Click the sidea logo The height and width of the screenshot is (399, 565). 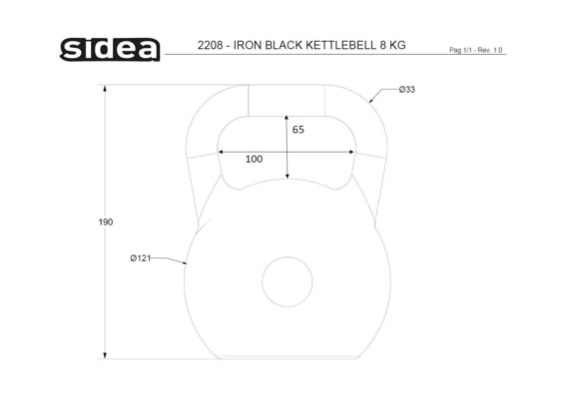[x=110, y=49]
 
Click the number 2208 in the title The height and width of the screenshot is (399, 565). [x=210, y=45]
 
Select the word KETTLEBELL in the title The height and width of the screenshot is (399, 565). [x=340, y=45]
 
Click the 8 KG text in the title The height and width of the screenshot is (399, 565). [x=392, y=45]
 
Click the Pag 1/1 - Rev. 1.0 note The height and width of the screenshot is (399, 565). [x=475, y=50]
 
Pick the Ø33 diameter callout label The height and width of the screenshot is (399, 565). [x=407, y=90]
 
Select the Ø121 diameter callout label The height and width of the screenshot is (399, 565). [x=141, y=258]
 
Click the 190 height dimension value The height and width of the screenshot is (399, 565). [x=106, y=222]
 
